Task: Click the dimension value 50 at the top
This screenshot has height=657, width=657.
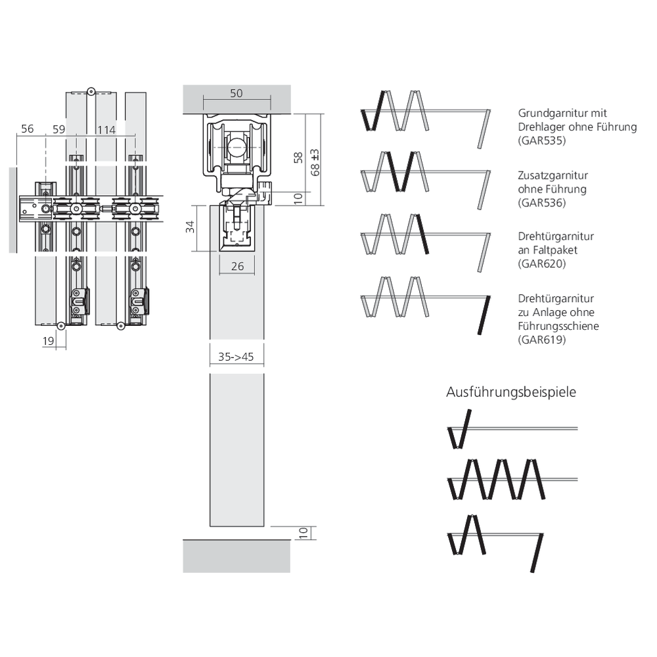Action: pyautogui.click(x=237, y=93)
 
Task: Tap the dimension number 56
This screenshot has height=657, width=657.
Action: pyautogui.click(x=27, y=129)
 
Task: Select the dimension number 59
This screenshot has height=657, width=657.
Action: pyautogui.click(x=59, y=129)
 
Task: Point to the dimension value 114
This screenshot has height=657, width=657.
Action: pyautogui.click(x=106, y=130)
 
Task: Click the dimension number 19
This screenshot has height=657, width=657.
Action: pyautogui.click(x=48, y=341)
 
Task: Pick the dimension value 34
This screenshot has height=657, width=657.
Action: pyautogui.click(x=191, y=227)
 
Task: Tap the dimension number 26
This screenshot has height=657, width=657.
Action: pyautogui.click(x=238, y=266)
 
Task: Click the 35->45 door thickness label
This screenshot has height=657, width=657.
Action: pyautogui.click(x=236, y=357)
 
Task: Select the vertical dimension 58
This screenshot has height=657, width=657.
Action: pyautogui.click(x=298, y=158)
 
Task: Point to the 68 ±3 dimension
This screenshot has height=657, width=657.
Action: pyautogui.click(x=315, y=162)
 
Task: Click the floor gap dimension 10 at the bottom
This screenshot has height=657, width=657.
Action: pyautogui.click(x=304, y=533)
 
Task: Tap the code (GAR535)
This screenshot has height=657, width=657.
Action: pyautogui.click(x=542, y=141)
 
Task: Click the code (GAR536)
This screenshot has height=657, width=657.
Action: pyautogui.click(x=542, y=203)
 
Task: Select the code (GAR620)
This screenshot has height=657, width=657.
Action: pyautogui.click(x=542, y=263)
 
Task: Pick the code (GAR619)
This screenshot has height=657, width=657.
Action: pyautogui.click(x=542, y=340)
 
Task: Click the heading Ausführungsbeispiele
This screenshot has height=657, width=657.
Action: pyautogui.click(x=511, y=392)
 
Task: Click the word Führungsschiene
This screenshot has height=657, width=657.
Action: pyautogui.click(x=558, y=326)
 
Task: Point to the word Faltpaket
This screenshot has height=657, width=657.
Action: pyautogui.click(x=555, y=250)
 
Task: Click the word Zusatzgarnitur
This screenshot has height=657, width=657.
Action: pyautogui.click(x=553, y=175)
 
